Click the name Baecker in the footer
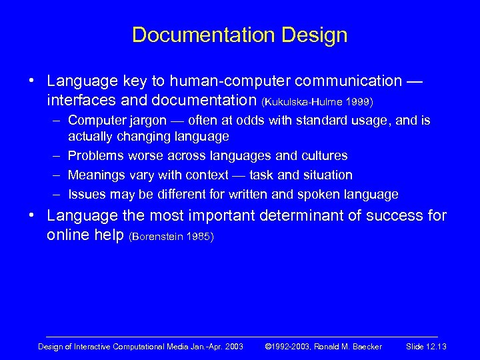coord(363,346)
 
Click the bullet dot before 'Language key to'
coord(31,81)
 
